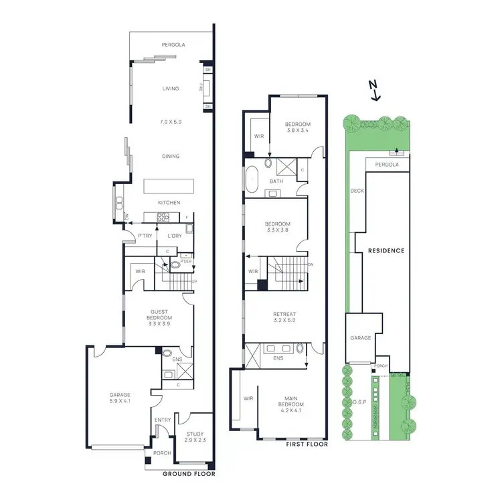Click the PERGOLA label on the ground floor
173,45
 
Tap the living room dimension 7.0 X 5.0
171,122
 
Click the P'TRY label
144,236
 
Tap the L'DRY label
175,236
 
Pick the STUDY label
195,434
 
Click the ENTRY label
163,420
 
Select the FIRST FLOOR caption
306,443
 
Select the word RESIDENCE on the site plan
386,250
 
